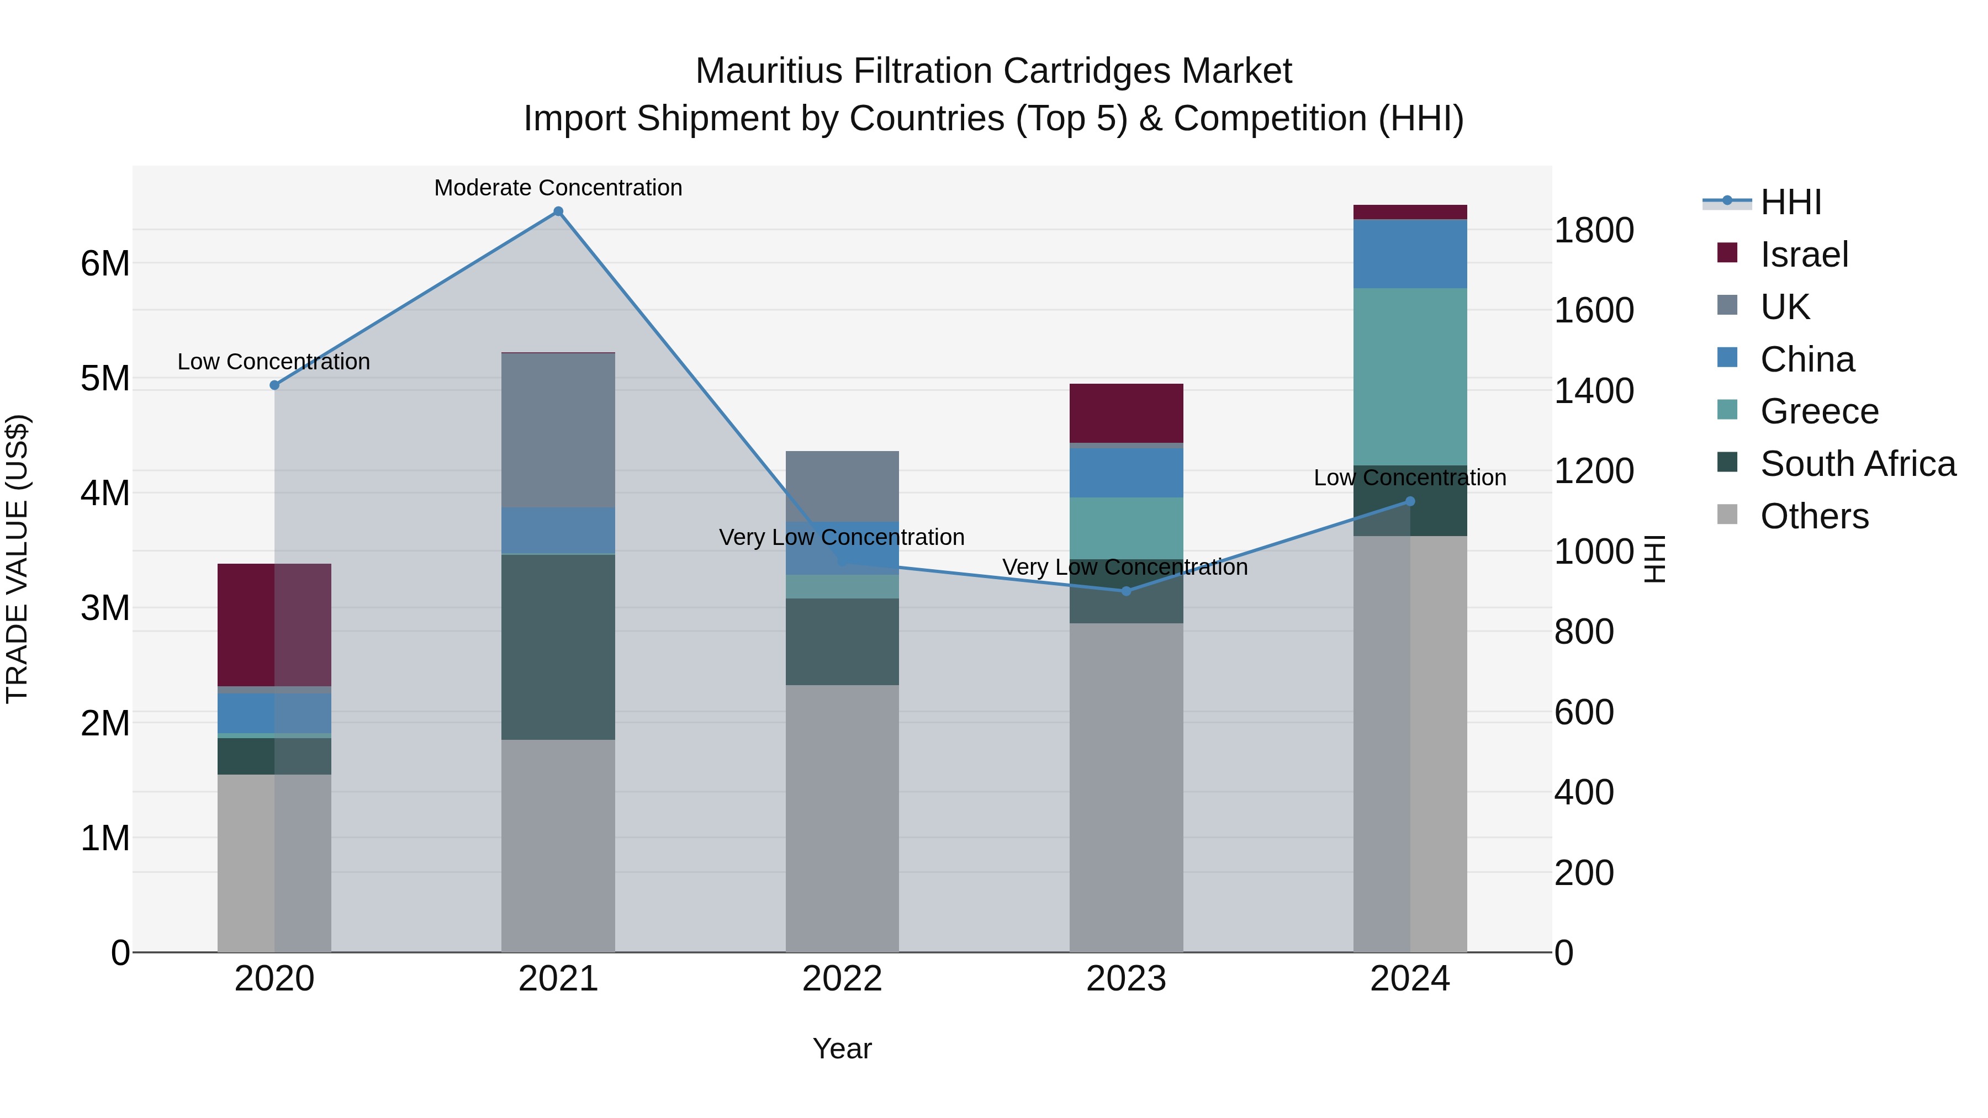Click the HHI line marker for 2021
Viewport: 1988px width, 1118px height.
[558, 211]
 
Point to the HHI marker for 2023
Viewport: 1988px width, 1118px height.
[1126, 591]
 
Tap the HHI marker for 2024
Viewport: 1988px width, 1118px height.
[1410, 501]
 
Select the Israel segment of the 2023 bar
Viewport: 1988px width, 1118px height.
[1126, 413]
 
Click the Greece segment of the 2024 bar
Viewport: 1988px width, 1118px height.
[1410, 377]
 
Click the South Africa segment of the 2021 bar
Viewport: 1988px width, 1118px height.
[558, 647]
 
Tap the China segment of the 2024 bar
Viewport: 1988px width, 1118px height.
[1410, 254]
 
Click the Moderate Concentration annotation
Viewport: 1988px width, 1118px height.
[558, 188]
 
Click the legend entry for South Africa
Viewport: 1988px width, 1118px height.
[1858, 464]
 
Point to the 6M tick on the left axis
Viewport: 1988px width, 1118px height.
[105, 264]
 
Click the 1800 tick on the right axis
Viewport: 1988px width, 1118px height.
[1594, 231]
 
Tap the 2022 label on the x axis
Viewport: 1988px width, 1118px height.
[842, 979]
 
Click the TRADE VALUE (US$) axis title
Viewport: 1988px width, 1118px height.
[17, 559]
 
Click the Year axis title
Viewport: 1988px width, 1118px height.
[842, 1048]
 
